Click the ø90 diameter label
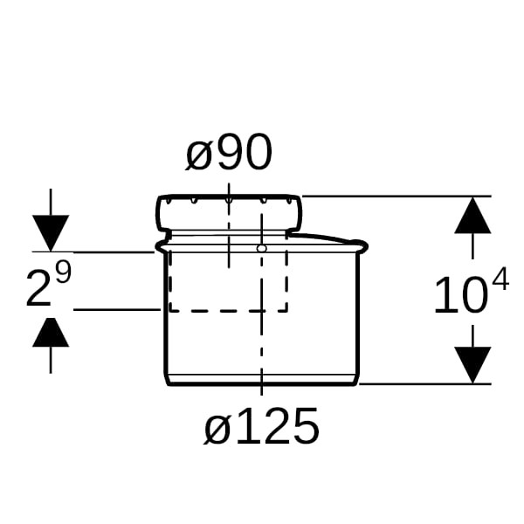point(229,152)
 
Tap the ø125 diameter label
point(261,426)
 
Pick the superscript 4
point(500,279)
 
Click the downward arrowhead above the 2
point(51,233)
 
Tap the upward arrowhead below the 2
point(51,332)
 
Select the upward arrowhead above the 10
point(472,215)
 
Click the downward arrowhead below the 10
point(472,365)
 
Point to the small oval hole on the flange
point(262,248)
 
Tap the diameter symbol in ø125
point(217,431)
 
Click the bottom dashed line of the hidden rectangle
point(228,311)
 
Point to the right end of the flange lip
point(368,245)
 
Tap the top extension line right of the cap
point(396,196)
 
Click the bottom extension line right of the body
point(424,384)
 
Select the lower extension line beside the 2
point(117,310)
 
